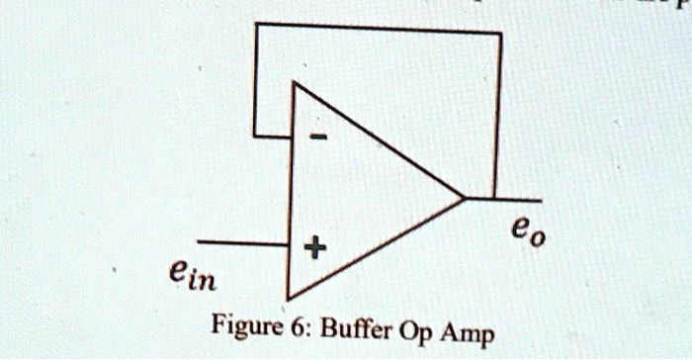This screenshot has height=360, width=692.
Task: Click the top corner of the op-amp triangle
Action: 293,84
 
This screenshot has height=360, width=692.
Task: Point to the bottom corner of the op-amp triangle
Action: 288,298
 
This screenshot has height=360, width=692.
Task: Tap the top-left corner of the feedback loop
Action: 255,23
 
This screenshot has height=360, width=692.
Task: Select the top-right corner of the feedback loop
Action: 500,33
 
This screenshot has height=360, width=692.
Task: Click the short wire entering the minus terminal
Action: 272,135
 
